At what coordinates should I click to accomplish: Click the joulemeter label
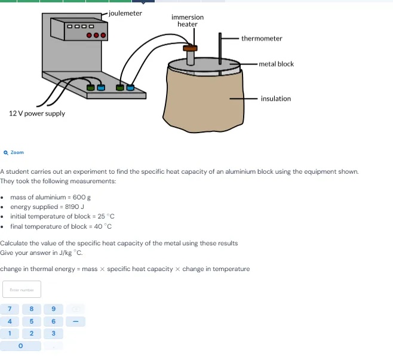click(x=125, y=13)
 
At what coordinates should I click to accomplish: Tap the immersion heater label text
click(x=188, y=21)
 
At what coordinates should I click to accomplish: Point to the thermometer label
click(x=262, y=39)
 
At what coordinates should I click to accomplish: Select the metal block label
click(x=277, y=64)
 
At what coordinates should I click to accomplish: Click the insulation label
click(x=276, y=99)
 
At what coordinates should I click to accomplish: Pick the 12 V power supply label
click(x=37, y=113)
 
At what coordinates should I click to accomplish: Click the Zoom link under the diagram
click(x=14, y=153)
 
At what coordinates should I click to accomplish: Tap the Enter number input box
click(x=21, y=290)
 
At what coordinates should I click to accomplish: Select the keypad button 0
click(x=21, y=346)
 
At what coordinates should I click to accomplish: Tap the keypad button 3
click(x=54, y=333)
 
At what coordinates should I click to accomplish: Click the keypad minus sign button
click(x=75, y=321)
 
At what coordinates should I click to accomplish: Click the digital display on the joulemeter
click(x=80, y=26)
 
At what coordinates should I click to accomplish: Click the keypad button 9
click(x=54, y=309)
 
